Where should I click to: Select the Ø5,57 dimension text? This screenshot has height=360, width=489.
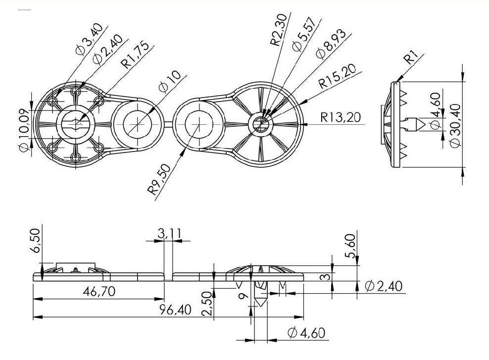[304, 34]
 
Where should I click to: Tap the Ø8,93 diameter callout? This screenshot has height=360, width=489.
[331, 44]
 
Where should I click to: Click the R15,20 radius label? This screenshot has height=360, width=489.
[337, 76]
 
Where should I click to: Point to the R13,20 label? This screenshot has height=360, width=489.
[341, 117]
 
